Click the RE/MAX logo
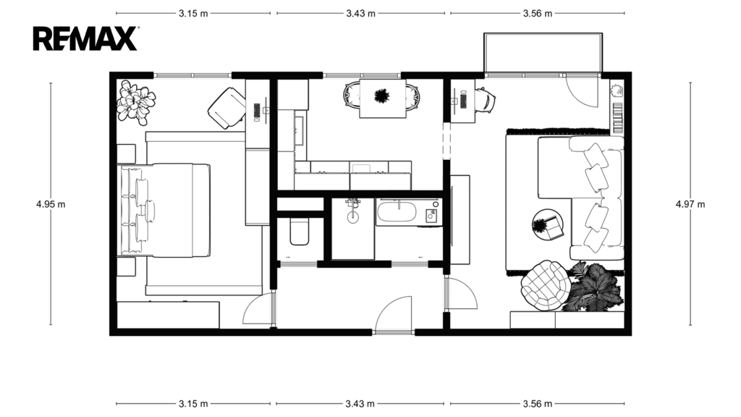(x=85, y=38)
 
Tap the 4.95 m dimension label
(x=51, y=204)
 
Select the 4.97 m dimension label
(x=690, y=204)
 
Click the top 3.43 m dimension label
(x=360, y=13)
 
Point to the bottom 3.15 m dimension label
(x=193, y=404)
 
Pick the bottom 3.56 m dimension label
(x=538, y=404)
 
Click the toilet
(x=299, y=231)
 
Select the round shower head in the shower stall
(x=353, y=217)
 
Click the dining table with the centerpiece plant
(x=382, y=98)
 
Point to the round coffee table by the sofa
(x=548, y=224)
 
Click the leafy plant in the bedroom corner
(x=136, y=102)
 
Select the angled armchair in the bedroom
(x=227, y=109)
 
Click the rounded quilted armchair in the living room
(x=545, y=285)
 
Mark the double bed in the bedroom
(x=164, y=211)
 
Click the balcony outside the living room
(x=543, y=52)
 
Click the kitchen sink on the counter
(x=299, y=130)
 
